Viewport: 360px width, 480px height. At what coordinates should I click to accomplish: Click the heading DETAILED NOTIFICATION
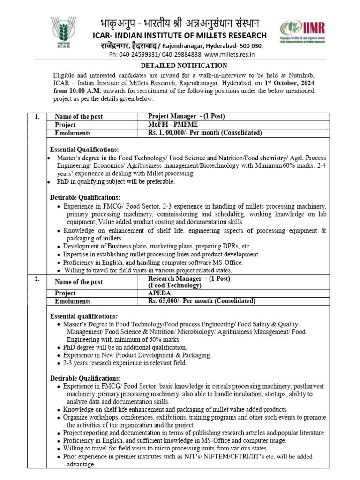coord(180,66)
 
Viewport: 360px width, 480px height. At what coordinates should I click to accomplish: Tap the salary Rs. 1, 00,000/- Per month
coord(205,133)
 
